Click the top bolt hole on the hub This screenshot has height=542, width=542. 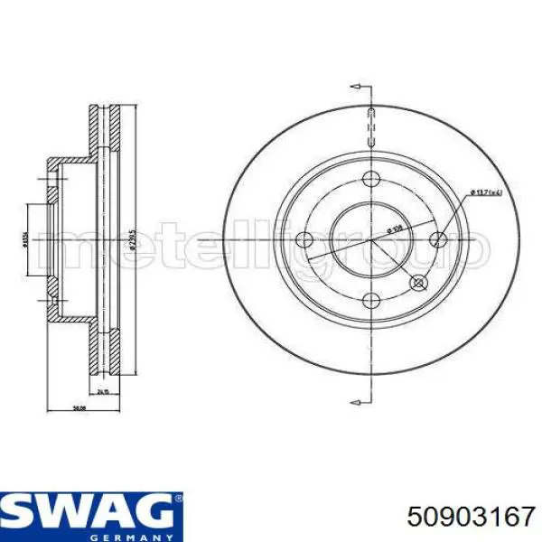coord(371,179)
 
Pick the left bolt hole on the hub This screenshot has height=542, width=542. coord(306,239)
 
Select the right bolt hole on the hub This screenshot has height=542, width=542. coord(438,239)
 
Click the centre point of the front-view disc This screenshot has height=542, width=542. coord(371,240)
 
